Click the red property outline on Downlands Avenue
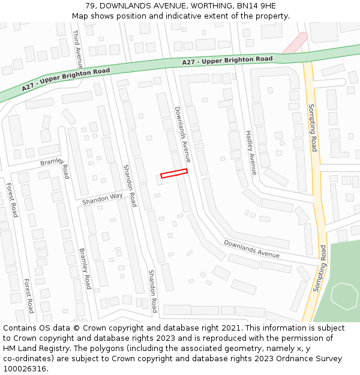click(x=174, y=173)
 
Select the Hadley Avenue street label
click(x=250, y=152)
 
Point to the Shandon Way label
click(x=102, y=198)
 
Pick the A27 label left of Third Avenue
click(x=66, y=79)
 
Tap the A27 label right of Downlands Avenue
click(x=227, y=61)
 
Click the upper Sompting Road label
click(x=313, y=127)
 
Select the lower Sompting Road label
click(x=319, y=268)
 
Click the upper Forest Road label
click(x=11, y=200)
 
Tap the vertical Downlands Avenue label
click(x=182, y=135)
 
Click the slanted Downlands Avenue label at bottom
click(x=252, y=249)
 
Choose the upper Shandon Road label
click(x=129, y=185)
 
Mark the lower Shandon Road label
click(x=152, y=291)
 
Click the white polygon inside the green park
click(x=344, y=295)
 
